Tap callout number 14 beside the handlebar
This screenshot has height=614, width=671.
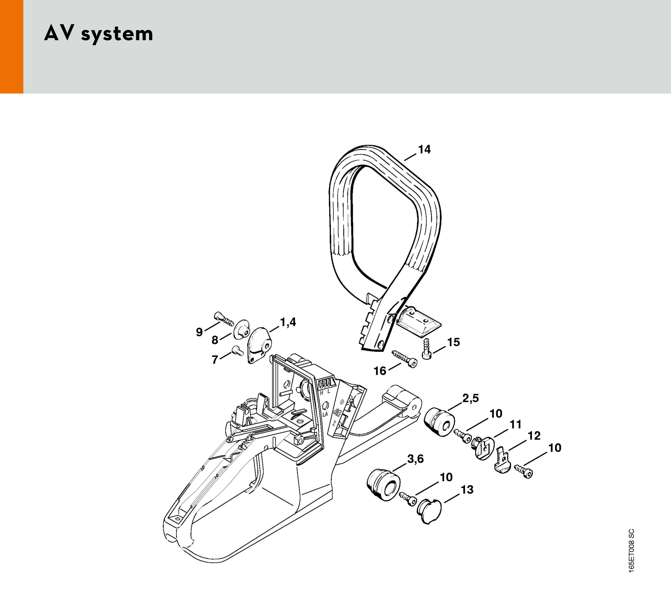point(424,150)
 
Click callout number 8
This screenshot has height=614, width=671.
point(215,340)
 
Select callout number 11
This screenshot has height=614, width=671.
point(516,424)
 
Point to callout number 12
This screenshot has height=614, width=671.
point(534,436)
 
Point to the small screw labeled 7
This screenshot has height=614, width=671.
point(237,350)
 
